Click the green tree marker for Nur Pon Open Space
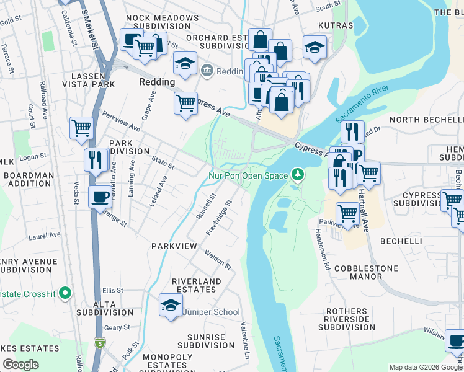tap(298, 175)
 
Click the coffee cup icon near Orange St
tap(100, 198)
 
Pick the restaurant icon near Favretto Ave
tap(96, 159)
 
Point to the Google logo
tap(20, 365)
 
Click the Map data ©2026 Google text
tap(425, 367)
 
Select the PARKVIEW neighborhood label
tap(174, 246)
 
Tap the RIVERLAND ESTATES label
tap(197, 285)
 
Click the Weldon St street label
tap(218, 260)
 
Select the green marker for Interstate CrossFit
tap(66, 293)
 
